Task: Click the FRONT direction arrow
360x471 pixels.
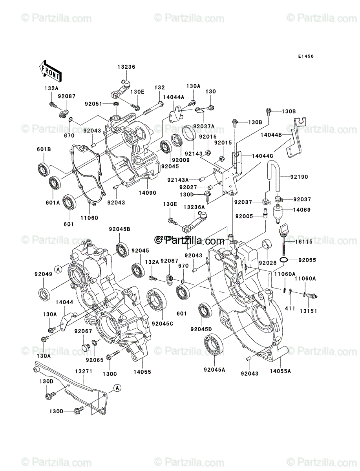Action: point(49,69)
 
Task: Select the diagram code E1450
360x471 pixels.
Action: point(305,57)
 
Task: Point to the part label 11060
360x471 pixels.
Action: point(90,217)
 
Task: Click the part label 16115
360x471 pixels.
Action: point(304,242)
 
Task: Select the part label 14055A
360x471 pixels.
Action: point(280,371)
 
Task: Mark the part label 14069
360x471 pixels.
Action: point(302,210)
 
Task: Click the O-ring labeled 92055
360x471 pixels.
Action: point(285,260)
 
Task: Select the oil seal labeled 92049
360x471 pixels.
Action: point(44,294)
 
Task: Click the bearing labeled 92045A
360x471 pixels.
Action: point(214,344)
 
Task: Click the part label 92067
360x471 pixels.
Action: point(83,331)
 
